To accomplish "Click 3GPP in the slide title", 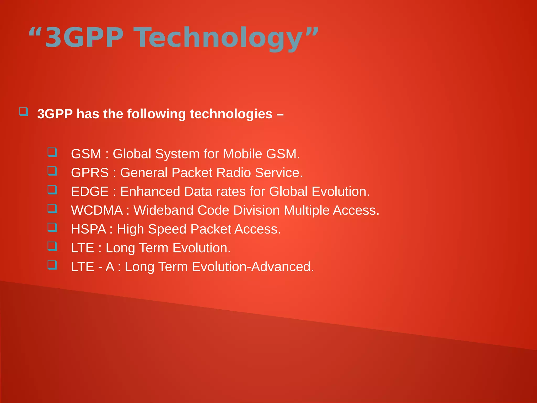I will click(x=84, y=38).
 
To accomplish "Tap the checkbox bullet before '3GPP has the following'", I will click(x=23, y=112).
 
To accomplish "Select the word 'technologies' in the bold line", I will click(x=231, y=114).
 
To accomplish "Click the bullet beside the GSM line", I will click(x=52, y=152).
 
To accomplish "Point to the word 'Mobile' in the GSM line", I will click(x=242, y=154).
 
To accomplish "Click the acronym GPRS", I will click(x=90, y=173).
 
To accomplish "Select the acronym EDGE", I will click(x=90, y=192).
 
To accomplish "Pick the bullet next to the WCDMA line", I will click(x=52, y=209).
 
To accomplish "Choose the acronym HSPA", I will click(x=88, y=229).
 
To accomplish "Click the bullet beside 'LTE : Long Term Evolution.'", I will click(x=52, y=246).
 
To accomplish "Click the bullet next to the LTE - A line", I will click(x=52, y=265).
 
